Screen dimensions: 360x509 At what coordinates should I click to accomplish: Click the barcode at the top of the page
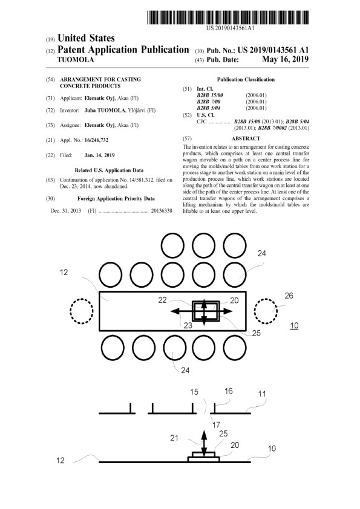[227, 18]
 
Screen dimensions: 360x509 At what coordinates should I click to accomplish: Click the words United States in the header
[86, 38]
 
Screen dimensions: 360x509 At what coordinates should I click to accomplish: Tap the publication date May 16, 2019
[285, 59]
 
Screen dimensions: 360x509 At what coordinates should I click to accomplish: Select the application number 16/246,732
[96, 140]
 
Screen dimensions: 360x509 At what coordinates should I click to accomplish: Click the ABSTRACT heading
[246, 138]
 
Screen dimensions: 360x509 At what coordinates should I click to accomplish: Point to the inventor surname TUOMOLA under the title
[76, 60]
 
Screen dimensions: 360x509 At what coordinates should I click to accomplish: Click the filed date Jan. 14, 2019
[99, 155]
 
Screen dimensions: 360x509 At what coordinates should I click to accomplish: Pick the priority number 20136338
[162, 211]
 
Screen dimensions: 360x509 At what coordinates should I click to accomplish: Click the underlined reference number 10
[294, 326]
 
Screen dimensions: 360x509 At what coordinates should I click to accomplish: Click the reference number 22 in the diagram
[163, 300]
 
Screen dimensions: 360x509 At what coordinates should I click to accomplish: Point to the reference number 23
[188, 325]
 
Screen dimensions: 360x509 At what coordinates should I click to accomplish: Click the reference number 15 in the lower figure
[194, 392]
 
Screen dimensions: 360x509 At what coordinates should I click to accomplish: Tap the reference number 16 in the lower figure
[229, 391]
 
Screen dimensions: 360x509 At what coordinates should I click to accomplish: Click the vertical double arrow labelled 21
[204, 444]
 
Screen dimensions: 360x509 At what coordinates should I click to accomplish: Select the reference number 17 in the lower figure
[216, 424]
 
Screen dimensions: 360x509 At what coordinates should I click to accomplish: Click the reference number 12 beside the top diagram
[64, 273]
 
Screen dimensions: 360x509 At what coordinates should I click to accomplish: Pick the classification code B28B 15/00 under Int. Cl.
[210, 96]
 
